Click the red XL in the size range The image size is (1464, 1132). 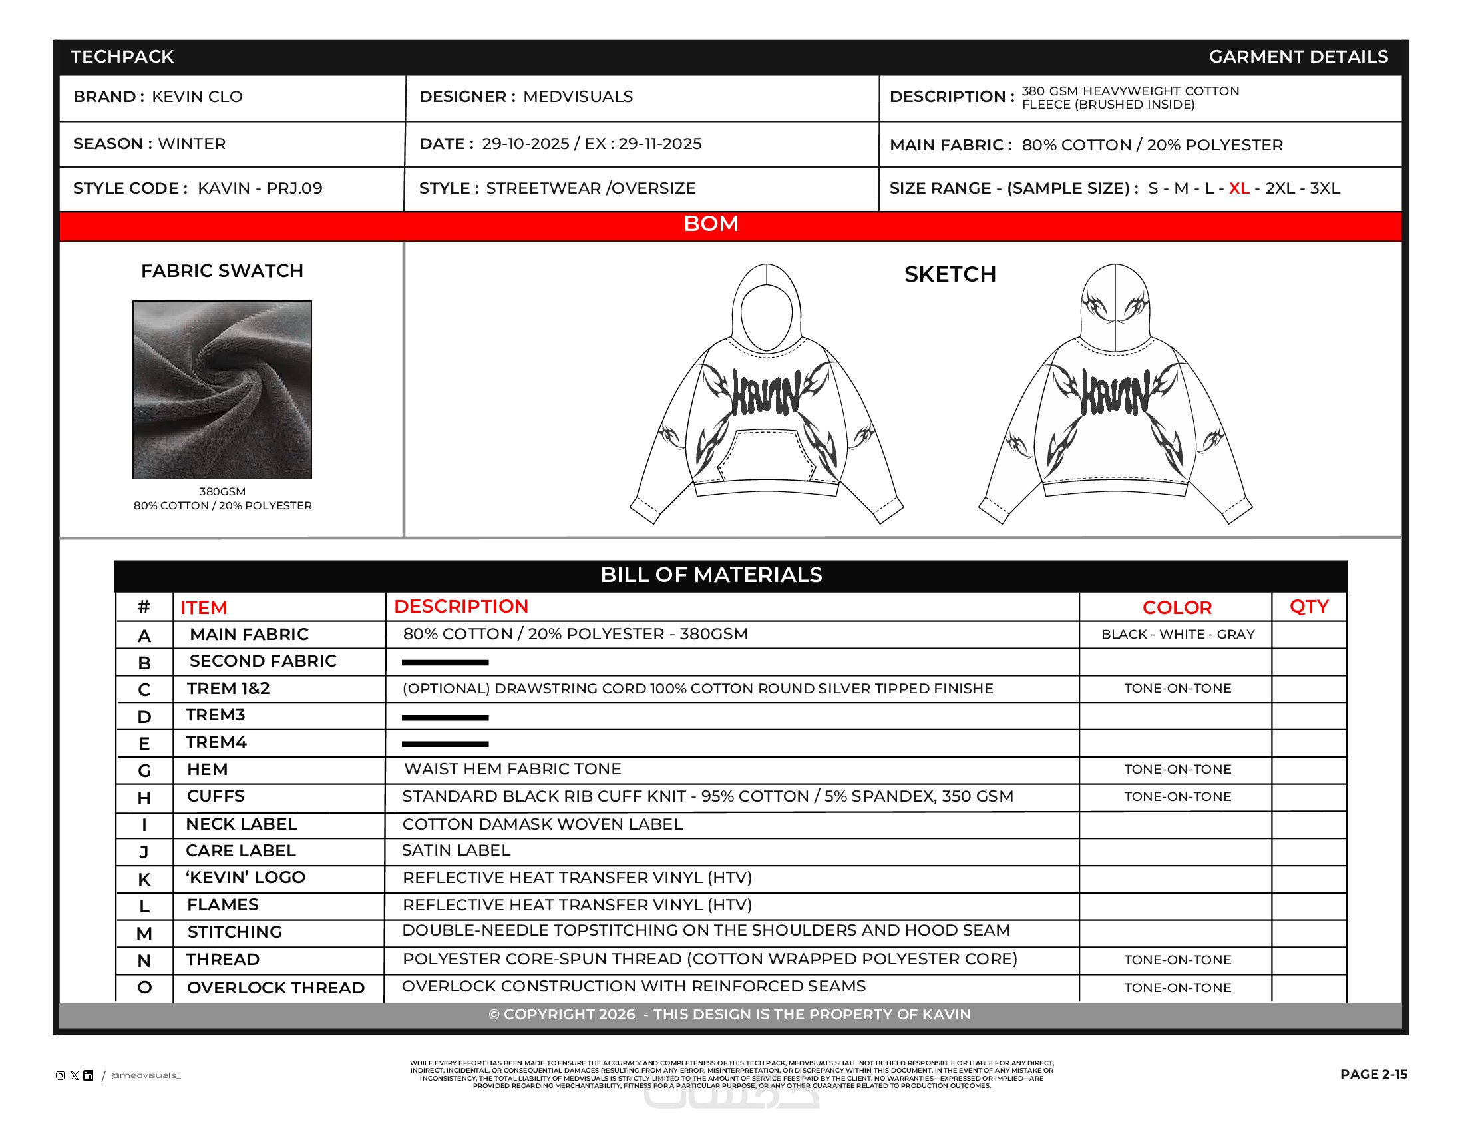click(1238, 188)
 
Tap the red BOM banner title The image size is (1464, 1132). click(711, 224)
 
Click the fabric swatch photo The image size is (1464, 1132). click(222, 390)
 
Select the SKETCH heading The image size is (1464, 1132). click(949, 274)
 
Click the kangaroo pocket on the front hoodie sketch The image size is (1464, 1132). click(766, 455)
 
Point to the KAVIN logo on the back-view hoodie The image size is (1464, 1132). click(1115, 393)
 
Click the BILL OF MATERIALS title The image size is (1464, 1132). click(711, 575)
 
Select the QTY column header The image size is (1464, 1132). click(1308, 606)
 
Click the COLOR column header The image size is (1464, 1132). click(1177, 607)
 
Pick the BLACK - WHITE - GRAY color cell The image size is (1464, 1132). click(1177, 635)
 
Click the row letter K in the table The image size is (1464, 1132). click(144, 879)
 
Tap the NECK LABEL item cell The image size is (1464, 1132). click(242, 824)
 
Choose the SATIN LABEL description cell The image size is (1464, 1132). click(456, 850)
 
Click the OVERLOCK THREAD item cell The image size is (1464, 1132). click(275, 988)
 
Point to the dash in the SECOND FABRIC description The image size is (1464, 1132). click(445, 663)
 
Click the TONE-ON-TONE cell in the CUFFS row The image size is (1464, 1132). click(1177, 796)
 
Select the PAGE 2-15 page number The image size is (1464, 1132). click(1373, 1074)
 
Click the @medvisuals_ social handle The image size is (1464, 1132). click(146, 1075)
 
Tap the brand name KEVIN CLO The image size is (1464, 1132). click(197, 97)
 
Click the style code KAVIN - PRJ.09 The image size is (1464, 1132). click(260, 188)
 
